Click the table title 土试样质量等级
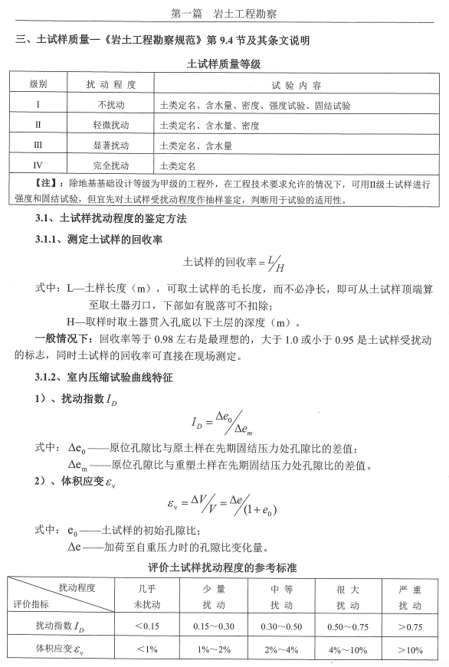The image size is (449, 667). click(224, 64)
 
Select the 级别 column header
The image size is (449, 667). click(38, 83)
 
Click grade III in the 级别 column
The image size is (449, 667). click(38, 144)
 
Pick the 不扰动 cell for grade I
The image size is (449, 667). click(105, 104)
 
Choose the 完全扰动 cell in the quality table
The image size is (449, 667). click(105, 164)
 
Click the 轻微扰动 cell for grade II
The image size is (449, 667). click(105, 124)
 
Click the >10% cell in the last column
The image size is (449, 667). click(411, 650)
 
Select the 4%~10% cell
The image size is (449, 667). click(347, 650)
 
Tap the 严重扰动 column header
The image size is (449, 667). click(411, 596)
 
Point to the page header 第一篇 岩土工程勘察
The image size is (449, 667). click(224, 13)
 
